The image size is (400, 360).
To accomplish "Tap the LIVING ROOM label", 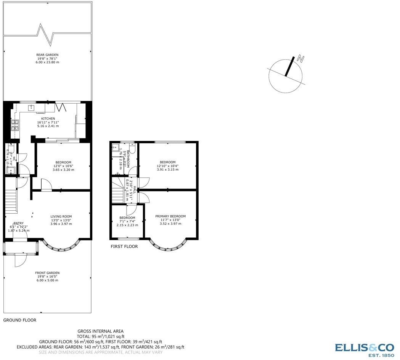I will [x=61, y=216].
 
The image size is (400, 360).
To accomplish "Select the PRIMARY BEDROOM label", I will [x=170, y=216].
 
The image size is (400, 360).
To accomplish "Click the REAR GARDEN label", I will [x=47, y=55].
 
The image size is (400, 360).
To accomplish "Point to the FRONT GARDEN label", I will [x=47, y=273].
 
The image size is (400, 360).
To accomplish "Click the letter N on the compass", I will [x=301, y=59].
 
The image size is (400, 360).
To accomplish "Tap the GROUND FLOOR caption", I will [x=20, y=320].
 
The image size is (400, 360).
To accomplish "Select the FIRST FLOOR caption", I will [x=124, y=246].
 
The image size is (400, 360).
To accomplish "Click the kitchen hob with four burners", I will [x=15, y=125].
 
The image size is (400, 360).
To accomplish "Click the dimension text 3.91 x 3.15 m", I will [x=167, y=170].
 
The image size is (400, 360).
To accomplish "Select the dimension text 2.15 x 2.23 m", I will [x=127, y=225].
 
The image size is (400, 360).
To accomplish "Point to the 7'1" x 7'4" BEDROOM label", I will [x=127, y=218].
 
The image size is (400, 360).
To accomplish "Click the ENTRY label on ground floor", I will [x=18, y=224].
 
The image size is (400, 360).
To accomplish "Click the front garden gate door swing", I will [x=19, y=261].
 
